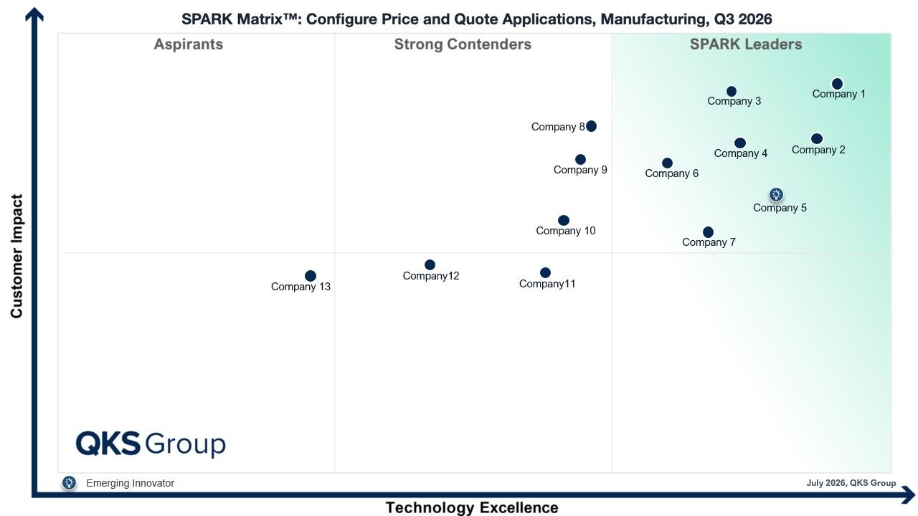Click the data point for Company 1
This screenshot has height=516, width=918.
(x=837, y=84)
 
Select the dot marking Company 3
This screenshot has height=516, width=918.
(x=731, y=91)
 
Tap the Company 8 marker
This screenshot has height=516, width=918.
(x=591, y=126)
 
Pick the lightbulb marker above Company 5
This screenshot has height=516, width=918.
(x=776, y=194)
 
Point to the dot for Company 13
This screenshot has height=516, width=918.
(x=311, y=276)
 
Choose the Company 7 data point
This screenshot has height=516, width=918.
(x=708, y=232)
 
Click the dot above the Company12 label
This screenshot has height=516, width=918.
(x=430, y=265)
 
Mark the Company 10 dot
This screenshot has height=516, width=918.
(x=564, y=220)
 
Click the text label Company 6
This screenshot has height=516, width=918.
(x=672, y=173)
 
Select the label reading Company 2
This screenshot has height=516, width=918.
(x=818, y=150)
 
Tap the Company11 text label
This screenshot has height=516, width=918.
(x=547, y=284)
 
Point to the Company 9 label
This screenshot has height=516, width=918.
(x=580, y=170)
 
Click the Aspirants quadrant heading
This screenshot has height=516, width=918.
(x=189, y=44)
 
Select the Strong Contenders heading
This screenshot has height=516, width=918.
(x=463, y=44)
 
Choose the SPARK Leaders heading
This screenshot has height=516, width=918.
(x=745, y=44)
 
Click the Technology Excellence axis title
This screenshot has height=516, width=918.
(x=472, y=508)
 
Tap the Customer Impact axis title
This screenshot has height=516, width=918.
(x=16, y=256)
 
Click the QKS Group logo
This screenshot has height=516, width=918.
(x=151, y=444)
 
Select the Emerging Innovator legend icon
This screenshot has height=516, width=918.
(x=69, y=483)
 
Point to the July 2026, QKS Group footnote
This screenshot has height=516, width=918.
(x=851, y=483)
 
